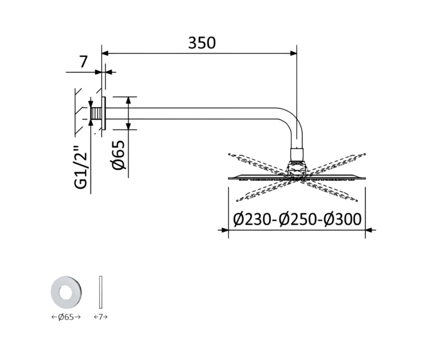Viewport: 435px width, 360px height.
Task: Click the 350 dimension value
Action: click(202, 43)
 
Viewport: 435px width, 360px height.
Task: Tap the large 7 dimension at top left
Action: click(83, 62)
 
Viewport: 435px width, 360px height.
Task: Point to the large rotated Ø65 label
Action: click(119, 155)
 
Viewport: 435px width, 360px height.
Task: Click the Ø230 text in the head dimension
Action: click(252, 219)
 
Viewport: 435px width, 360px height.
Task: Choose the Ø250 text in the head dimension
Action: click(298, 219)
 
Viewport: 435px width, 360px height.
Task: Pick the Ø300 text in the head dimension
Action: click(343, 219)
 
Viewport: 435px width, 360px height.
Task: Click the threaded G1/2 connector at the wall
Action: click(97, 113)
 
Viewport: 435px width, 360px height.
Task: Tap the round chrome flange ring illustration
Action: click(67, 292)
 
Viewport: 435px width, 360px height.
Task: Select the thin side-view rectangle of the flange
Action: click(101, 292)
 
